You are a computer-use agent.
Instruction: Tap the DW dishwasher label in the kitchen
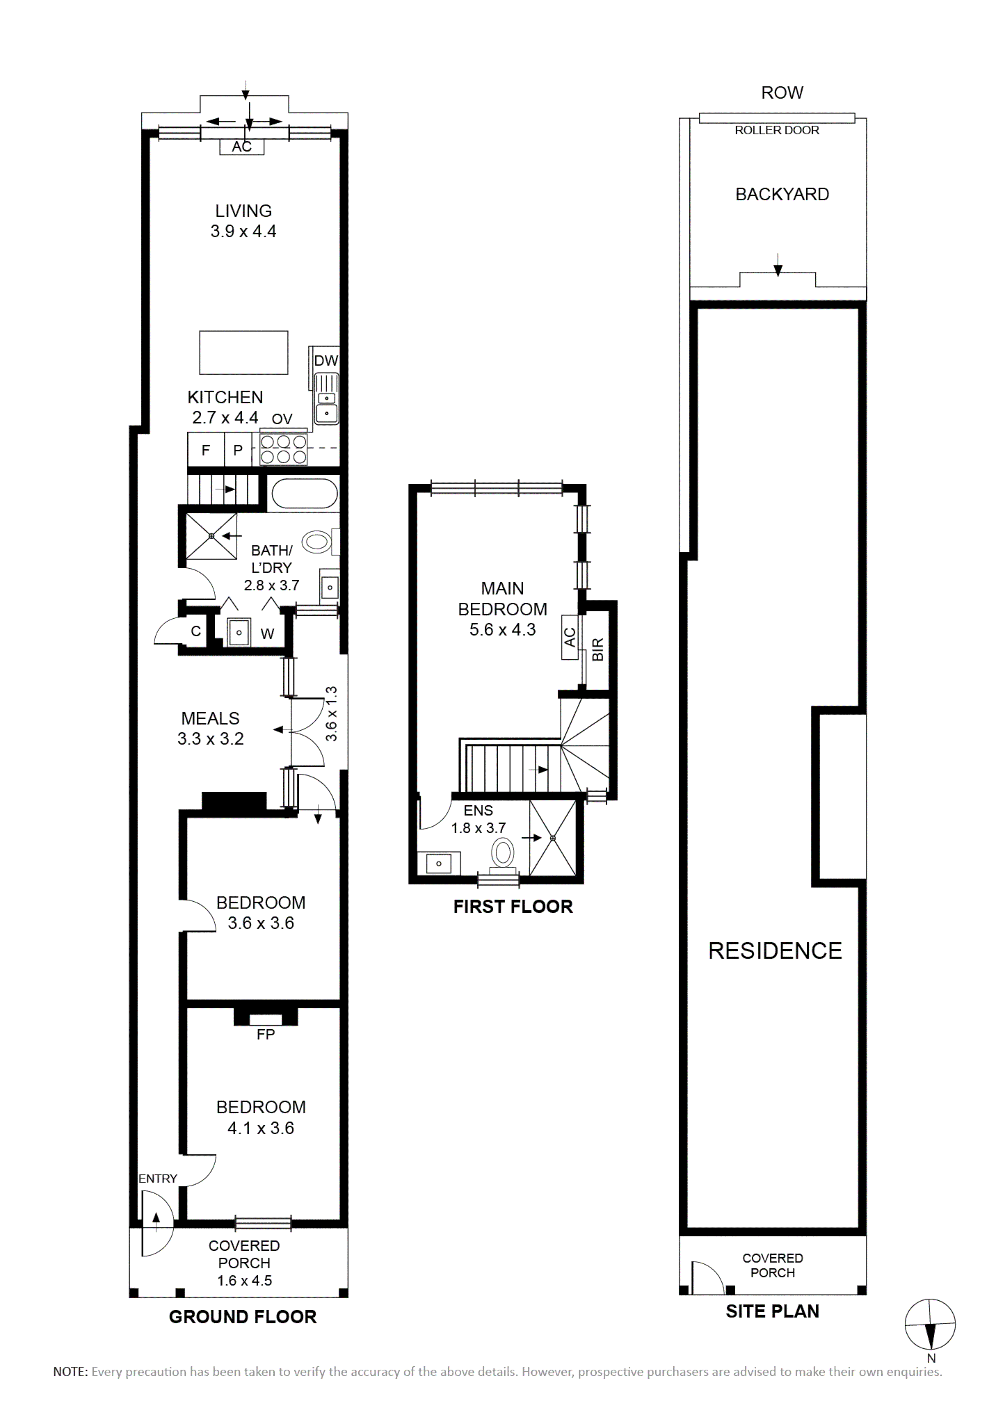[326, 361]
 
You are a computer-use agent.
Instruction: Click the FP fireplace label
[266, 1034]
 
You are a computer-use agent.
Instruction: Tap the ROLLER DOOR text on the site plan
[777, 130]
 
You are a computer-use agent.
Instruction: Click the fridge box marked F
[206, 449]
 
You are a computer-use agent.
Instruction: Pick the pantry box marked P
[238, 449]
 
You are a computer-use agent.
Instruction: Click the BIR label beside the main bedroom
[599, 649]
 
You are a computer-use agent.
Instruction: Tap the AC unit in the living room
[242, 147]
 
